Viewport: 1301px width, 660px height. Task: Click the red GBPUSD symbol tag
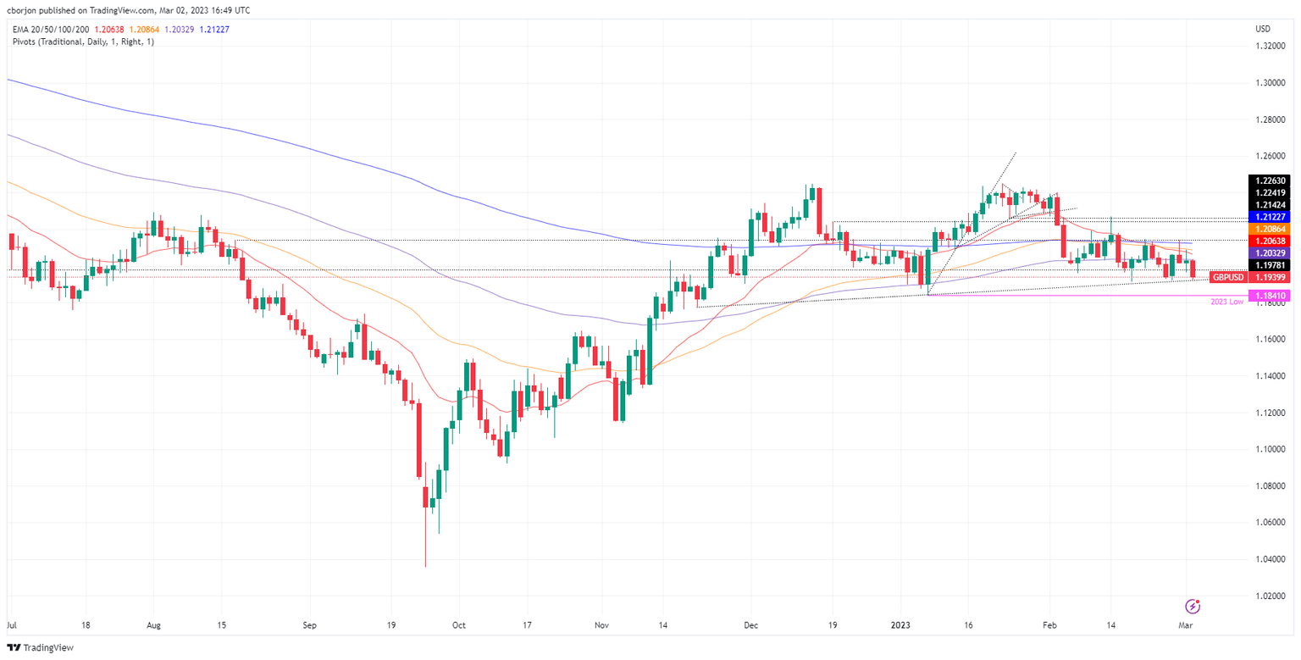[1228, 277]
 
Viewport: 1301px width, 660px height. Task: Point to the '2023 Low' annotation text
[1226, 302]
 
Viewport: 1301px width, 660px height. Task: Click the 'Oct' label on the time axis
[457, 626]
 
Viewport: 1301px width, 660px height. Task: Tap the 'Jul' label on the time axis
[12, 626]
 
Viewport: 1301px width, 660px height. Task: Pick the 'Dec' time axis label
[752, 626]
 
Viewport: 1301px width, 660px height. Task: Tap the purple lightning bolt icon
[1193, 606]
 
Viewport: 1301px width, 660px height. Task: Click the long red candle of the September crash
[418, 441]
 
